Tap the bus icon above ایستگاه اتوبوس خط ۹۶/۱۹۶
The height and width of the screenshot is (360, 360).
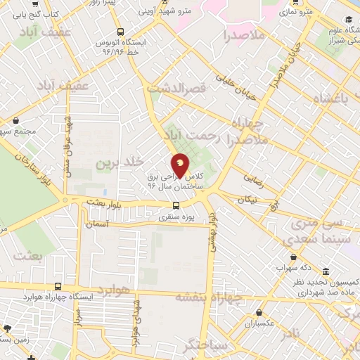coord(122,32)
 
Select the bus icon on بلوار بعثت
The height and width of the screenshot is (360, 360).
coord(176,205)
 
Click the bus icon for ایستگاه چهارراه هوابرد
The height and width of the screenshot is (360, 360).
coord(58,286)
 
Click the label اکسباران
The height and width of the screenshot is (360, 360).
coord(259,324)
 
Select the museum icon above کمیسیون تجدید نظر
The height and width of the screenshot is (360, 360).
coord(326,272)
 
